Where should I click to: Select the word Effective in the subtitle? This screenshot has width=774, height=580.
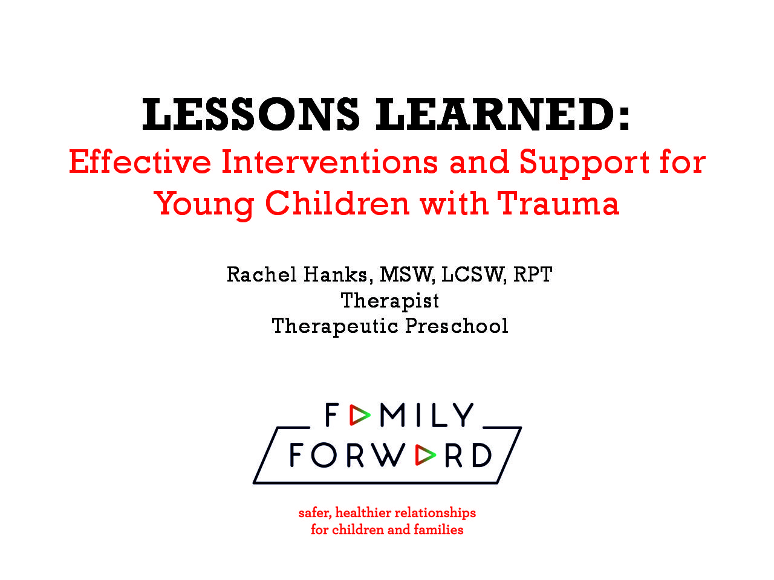(x=140, y=162)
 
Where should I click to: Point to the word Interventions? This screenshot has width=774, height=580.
(x=330, y=162)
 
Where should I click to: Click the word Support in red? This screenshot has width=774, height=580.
(x=584, y=164)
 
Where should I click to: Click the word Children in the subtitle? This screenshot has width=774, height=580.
(x=337, y=203)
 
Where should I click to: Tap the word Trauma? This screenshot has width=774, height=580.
(x=558, y=203)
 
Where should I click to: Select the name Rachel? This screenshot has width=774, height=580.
(x=261, y=274)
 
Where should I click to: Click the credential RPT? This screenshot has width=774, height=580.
(x=533, y=274)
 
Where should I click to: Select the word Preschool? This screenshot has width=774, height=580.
(x=457, y=326)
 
